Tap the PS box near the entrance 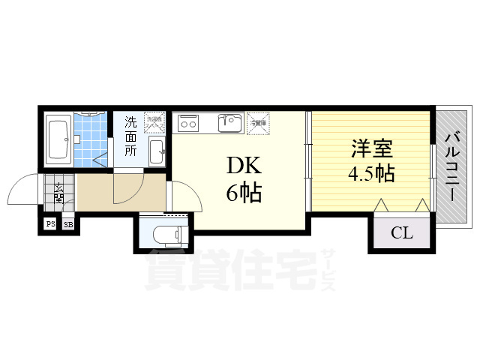pyautogui.click(x=50, y=223)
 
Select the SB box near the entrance pyautogui.click(x=67, y=223)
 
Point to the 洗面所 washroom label pyautogui.click(x=130, y=136)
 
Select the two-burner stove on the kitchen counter pyautogui.click(x=187, y=121)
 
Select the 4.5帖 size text pyautogui.click(x=370, y=174)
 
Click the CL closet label pyautogui.click(x=401, y=233)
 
